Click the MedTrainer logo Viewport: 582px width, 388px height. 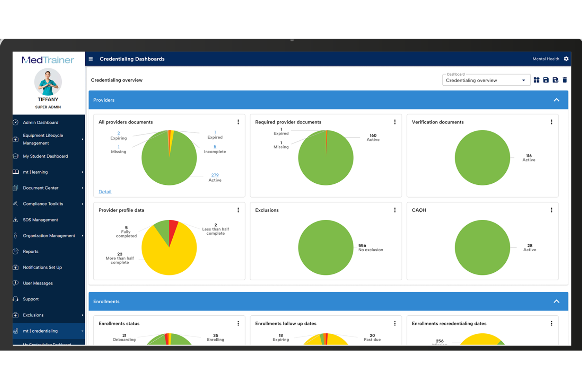pos(48,60)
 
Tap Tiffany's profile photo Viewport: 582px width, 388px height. pos(48,82)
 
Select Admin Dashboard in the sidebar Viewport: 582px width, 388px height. pos(41,123)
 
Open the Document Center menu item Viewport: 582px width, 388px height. pos(41,188)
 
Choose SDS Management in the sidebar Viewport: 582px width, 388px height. pos(41,220)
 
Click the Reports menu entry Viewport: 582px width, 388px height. pos(31,252)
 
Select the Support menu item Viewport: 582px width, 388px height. pos(31,299)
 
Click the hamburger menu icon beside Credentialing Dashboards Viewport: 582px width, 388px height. pos(91,59)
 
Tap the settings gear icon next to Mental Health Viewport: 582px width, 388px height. pos(566,59)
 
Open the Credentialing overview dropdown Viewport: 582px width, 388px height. pos(486,80)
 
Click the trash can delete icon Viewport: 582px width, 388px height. pos(565,80)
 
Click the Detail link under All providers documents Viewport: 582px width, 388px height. pos(105,192)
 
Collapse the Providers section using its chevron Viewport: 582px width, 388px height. pos(556,100)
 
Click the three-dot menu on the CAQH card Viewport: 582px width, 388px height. pos(551,210)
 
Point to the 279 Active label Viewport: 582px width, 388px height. pos(215,178)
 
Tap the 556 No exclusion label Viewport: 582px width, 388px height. pos(370,248)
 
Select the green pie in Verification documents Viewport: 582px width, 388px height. pos(482,158)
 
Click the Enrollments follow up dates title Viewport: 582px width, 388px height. pos(285,324)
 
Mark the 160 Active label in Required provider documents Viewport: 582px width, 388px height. pos(373,138)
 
